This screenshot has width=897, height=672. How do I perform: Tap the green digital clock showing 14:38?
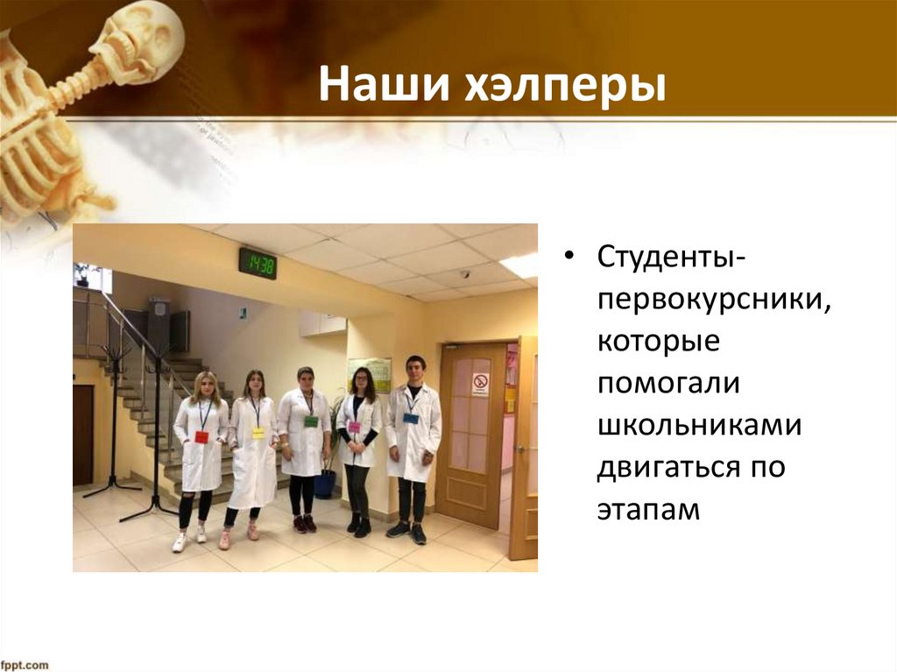pos(258,263)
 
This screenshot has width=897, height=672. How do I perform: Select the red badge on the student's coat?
pos(201,436)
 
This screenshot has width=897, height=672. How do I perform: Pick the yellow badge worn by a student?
pos(258,432)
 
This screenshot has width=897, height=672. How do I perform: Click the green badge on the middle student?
pos(311,421)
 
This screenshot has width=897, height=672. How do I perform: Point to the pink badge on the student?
pos(354,427)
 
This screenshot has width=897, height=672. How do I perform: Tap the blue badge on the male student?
pos(411,418)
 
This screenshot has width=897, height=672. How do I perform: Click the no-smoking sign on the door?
pos(480,383)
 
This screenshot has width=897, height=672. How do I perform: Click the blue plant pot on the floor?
pos(325,484)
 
